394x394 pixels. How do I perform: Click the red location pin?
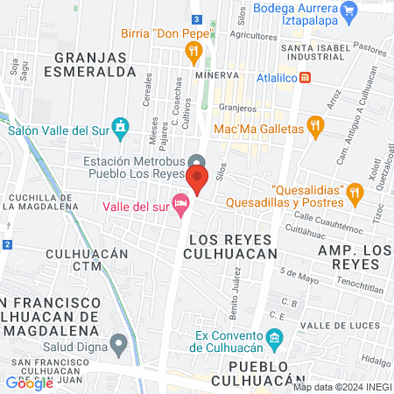pyautogui.click(x=197, y=180)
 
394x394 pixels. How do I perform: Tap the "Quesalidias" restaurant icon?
pyautogui.click(x=355, y=191)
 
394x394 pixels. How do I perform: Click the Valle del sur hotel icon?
pyautogui.click(x=180, y=204)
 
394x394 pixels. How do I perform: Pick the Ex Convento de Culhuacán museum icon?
pyautogui.click(x=275, y=337)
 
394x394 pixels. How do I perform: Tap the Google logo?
pyautogui.click(x=30, y=383)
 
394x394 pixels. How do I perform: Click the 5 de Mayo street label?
pyautogui.click(x=300, y=274)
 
